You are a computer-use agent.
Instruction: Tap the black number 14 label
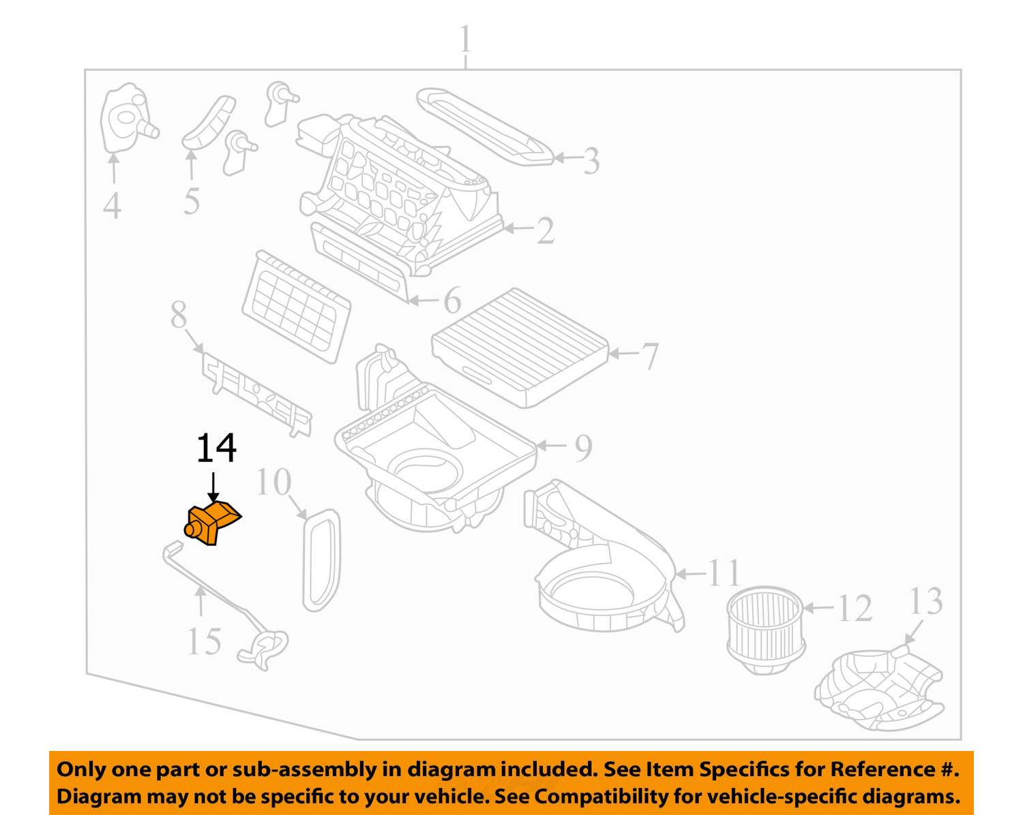[216, 448]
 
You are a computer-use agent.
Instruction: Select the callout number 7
[650, 356]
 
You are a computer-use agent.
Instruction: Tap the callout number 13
[925, 602]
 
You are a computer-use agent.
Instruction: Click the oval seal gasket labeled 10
[321, 558]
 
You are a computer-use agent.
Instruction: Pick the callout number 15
[203, 641]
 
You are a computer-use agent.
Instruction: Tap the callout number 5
[192, 200]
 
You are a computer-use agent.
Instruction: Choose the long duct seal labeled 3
[484, 127]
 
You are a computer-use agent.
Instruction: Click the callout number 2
[545, 231]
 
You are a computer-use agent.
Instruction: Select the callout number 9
[583, 448]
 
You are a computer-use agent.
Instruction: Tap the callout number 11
[724, 573]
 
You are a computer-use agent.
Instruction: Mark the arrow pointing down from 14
[213, 488]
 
